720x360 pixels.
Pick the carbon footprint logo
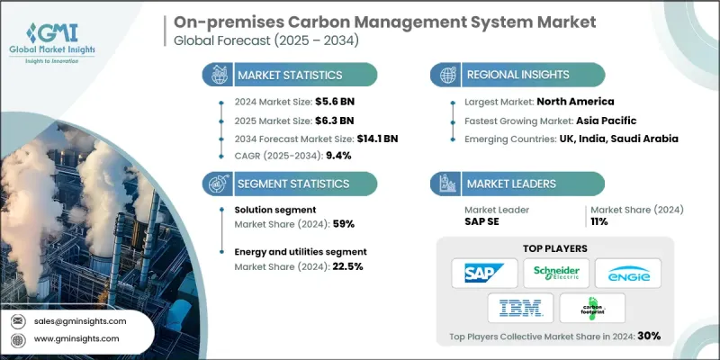click(x=592, y=309)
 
